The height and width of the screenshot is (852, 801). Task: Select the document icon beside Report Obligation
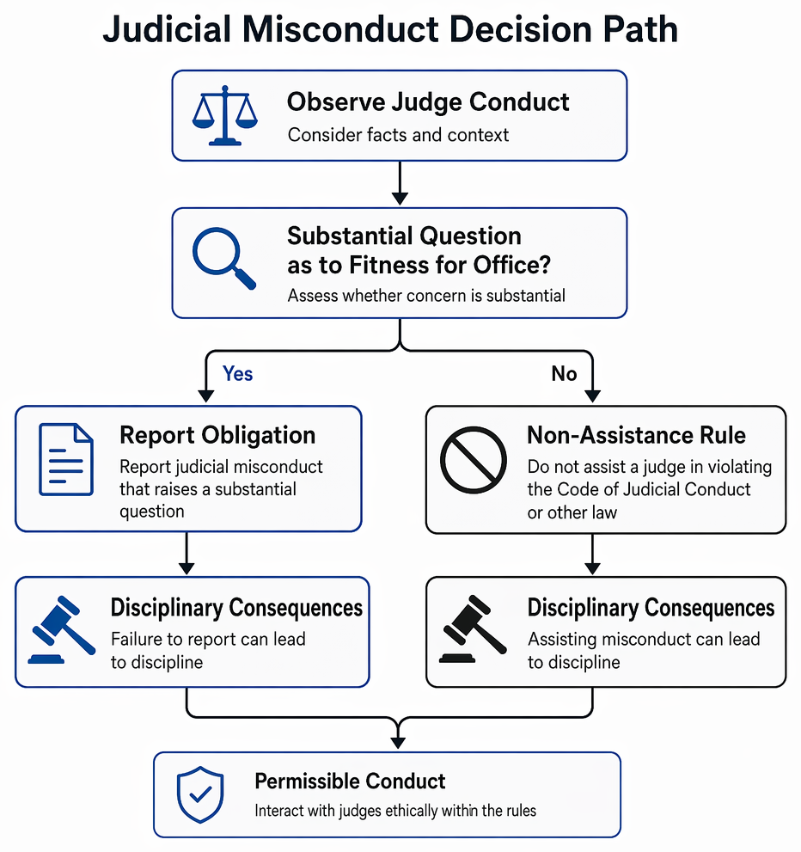[65, 460]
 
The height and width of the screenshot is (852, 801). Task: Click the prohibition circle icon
[473, 460]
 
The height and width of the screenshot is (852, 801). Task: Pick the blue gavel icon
[61, 630]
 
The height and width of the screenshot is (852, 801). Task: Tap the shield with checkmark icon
[200, 794]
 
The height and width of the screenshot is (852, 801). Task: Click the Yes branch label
[237, 374]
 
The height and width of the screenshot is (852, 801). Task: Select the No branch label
[564, 374]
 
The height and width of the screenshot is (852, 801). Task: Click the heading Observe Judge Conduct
[428, 101]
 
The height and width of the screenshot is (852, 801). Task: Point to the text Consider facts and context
[398, 135]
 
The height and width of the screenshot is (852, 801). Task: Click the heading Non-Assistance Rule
[637, 435]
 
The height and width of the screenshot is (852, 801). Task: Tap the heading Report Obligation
[217, 435]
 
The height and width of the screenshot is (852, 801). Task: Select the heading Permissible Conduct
[350, 782]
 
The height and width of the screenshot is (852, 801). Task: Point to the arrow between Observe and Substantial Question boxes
[400, 183]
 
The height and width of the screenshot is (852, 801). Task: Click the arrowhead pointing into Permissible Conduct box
[398, 742]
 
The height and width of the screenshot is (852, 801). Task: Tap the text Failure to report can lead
[208, 639]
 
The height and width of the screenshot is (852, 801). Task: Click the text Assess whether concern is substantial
[426, 296]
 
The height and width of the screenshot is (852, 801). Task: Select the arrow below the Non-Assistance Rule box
[592, 554]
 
